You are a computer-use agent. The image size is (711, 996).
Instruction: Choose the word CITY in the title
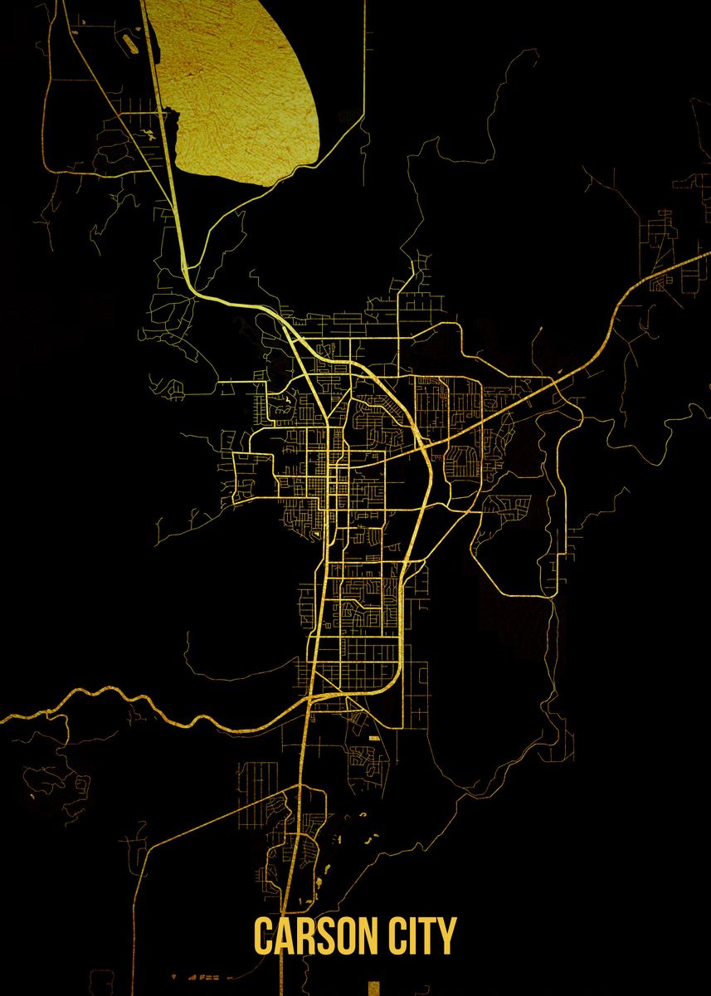point(426,936)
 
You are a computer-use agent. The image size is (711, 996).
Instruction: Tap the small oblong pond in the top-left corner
point(130,37)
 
